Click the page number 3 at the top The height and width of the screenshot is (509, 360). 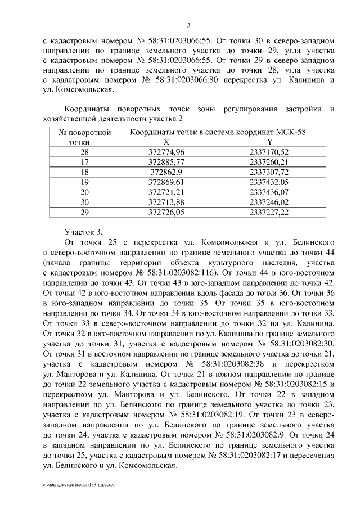pyautogui.click(x=188, y=25)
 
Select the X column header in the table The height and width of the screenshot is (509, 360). pyautogui.click(x=166, y=142)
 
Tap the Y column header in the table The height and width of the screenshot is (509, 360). pyautogui.click(x=269, y=142)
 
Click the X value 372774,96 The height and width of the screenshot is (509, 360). pyautogui.click(x=166, y=152)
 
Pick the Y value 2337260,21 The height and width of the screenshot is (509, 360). pyautogui.click(x=269, y=163)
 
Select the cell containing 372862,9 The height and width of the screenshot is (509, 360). pyautogui.click(x=166, y=172)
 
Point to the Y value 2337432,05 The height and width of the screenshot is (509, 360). pyautogui.click(x=269, y=182)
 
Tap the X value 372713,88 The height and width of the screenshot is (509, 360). pyautogui.click(x=166, y=202)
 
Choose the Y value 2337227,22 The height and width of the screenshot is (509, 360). pyautogui.click(x=269, y=211)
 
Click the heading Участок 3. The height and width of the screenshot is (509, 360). pyautogui.click(x=84, y=232)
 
